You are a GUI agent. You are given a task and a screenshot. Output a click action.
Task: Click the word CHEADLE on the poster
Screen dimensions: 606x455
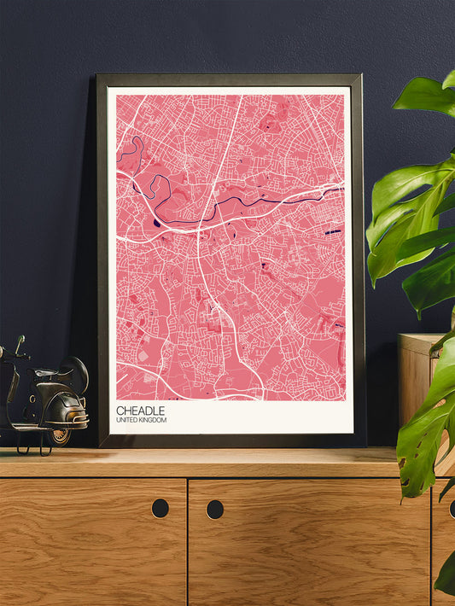pos(141,411)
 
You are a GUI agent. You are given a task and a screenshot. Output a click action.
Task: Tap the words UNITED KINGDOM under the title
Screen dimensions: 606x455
pos(142,421)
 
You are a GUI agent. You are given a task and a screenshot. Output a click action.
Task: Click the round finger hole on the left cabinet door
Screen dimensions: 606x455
pos(160,508)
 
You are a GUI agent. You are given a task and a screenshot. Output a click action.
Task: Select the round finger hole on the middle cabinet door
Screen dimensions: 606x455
pos(214,510)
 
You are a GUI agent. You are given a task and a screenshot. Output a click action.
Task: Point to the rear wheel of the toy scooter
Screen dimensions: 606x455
pos(60,434)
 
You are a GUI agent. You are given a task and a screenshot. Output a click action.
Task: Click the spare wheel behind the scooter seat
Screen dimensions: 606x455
pos(78,373)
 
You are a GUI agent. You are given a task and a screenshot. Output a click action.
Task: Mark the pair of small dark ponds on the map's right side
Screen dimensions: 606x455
pos(332,230)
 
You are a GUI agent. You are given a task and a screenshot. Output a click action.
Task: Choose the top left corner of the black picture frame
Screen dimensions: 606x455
pos(99,77)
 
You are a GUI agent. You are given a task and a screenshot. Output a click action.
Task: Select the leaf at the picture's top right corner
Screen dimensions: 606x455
pos(427,94)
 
